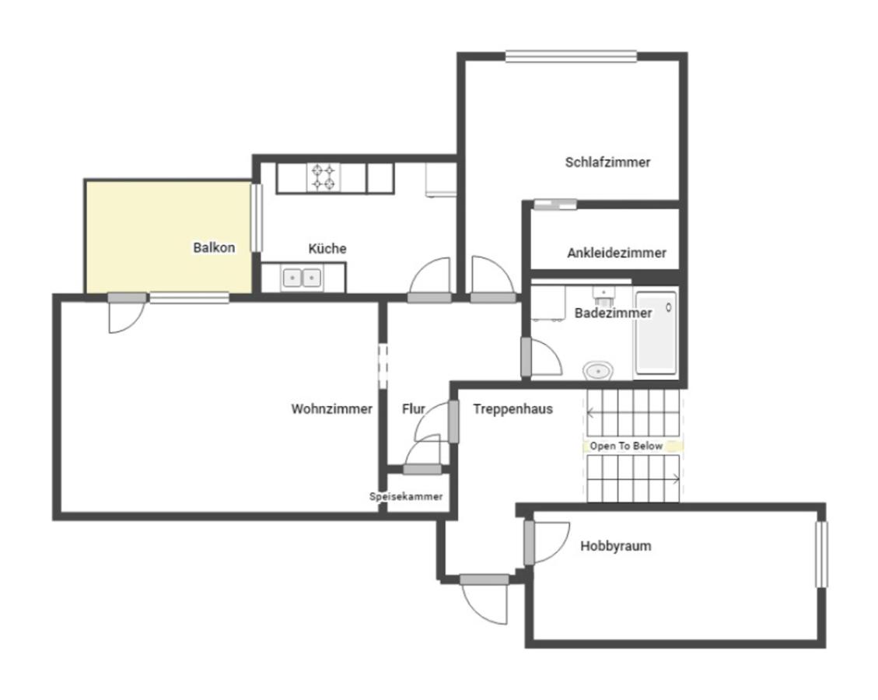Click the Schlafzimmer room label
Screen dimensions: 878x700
(x=607, y=163)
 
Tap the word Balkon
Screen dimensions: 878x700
(x=214, y=247)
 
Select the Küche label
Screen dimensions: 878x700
(x=327, y=248)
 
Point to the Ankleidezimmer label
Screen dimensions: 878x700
(x=617, y=253)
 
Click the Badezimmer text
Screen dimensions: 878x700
(x=613, y=313)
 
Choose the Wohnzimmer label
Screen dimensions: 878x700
(x=331, y=409)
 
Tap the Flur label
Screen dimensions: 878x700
(x=413, y=409)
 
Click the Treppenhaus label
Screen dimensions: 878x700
(x=512, y=409)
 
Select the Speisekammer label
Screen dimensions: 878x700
(x=406, y=497)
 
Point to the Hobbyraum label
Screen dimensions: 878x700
(x=615, y=546)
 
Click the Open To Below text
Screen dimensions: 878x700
(x=626, y=446)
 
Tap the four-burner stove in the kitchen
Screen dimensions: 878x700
(x=324, y=177)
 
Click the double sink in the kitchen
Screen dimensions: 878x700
(x=302, y=278)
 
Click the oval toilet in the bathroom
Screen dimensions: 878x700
(x=599, y=371)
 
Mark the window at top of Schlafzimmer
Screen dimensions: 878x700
(x=571, y=56)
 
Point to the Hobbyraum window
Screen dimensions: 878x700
(x=821, y=555)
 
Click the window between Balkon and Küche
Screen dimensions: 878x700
(x=256, y=218)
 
